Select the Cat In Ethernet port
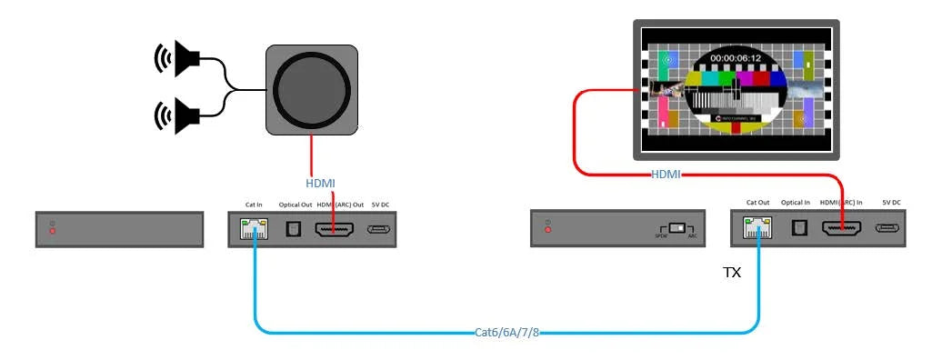coord(253,230)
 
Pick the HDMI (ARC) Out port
coord(334,230)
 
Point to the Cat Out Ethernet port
coord(756,229)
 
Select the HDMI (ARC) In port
coord(841,229)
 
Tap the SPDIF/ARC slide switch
coord(676,228)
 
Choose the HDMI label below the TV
coord(666,174)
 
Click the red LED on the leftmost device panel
coord(53,231)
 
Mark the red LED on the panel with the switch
coord(547,230)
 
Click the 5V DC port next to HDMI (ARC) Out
coord(379,230)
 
